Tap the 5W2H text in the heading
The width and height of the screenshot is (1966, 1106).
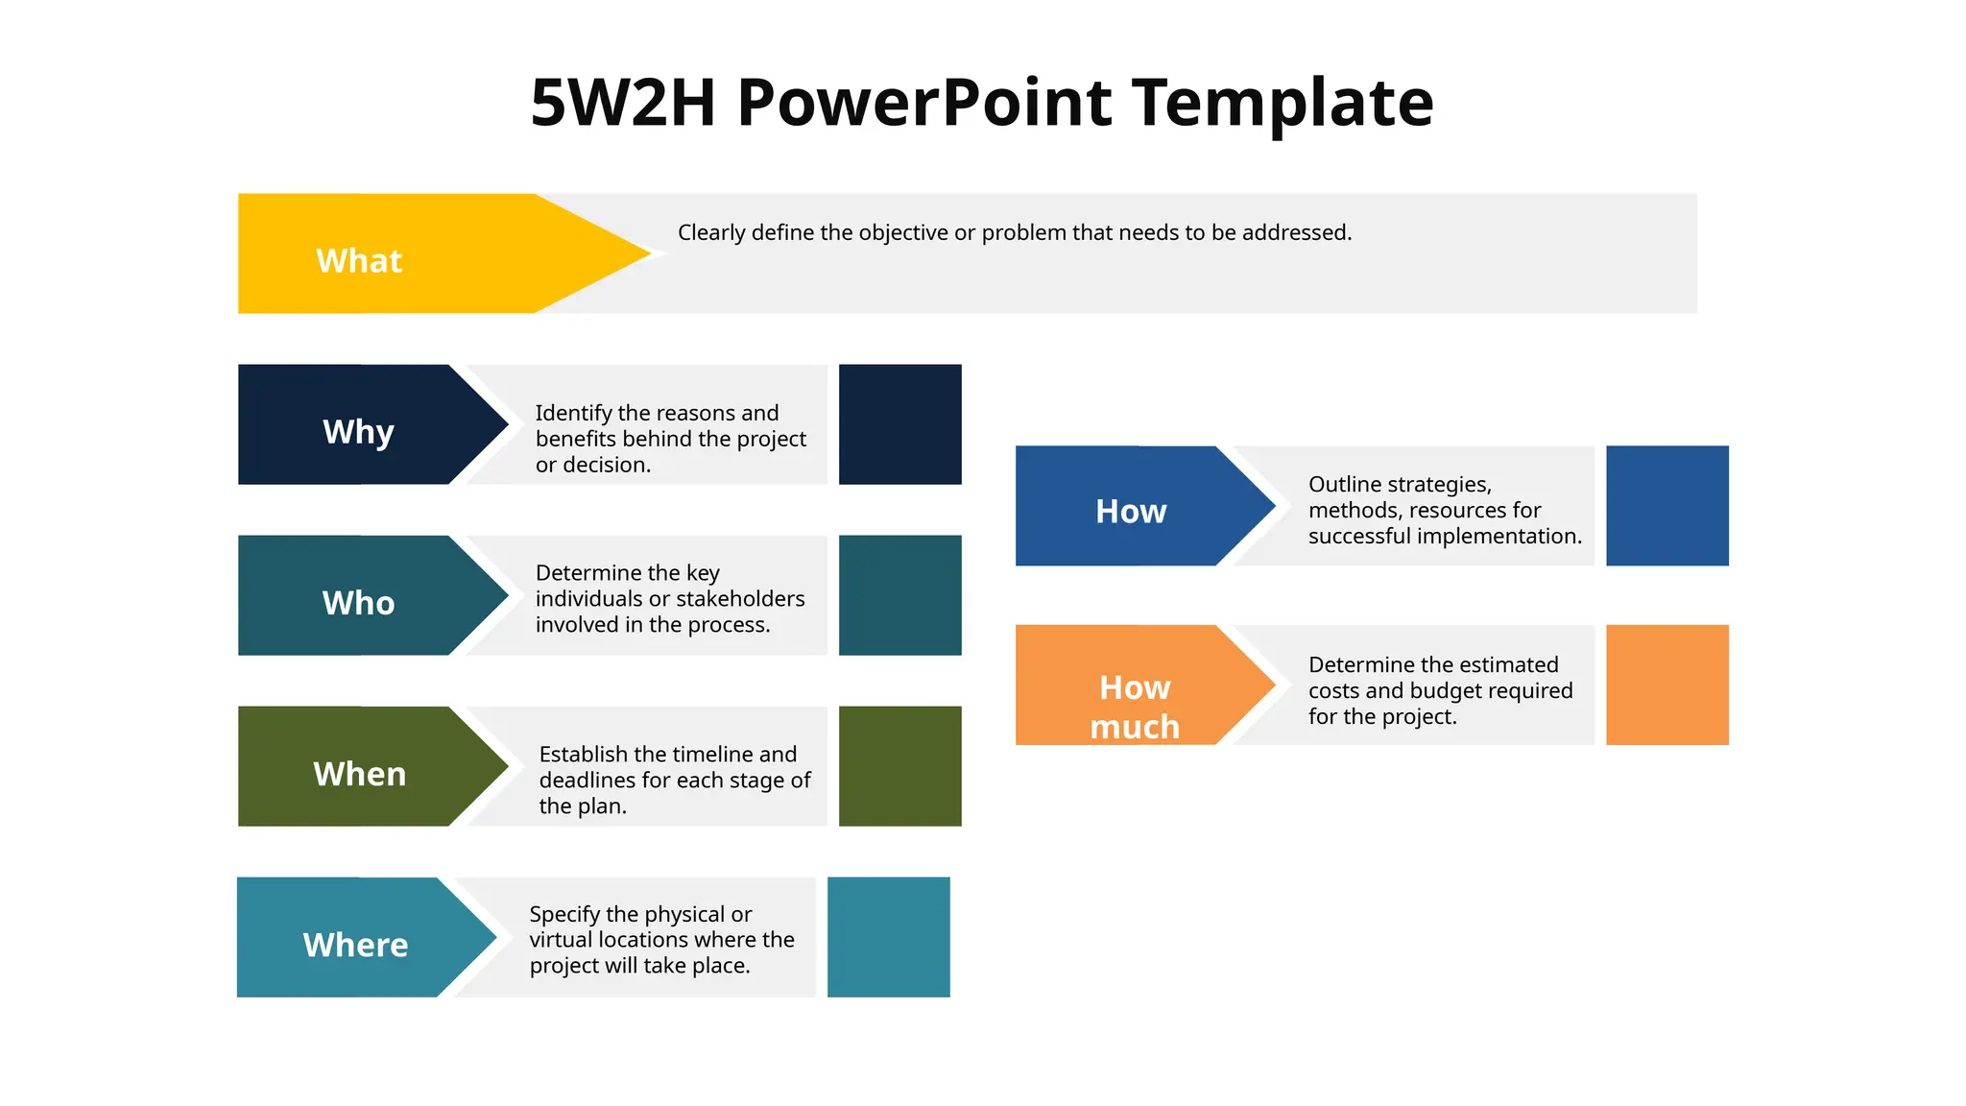pos(623,104)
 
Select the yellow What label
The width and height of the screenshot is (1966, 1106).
pos(359,261)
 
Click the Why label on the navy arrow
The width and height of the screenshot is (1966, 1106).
pos(358,432)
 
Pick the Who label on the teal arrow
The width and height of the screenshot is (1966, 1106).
pos(358,603)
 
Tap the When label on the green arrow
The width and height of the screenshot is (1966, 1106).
pos(359,774)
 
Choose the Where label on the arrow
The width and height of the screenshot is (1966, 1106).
pos(355,945)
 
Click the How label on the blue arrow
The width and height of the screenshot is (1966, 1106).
pos(1131,512)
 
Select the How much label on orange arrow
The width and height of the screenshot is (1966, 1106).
pos(1135,708)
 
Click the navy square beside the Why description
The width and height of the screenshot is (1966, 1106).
pos(899,424)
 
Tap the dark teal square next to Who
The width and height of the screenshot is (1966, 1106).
pos(899,595)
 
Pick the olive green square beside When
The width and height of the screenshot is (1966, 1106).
pos(899,766)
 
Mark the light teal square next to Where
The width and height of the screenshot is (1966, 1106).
pos(888,937)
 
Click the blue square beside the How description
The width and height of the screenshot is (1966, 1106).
pos(1666,506)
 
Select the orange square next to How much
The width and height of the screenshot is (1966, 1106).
pos(1666,685)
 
